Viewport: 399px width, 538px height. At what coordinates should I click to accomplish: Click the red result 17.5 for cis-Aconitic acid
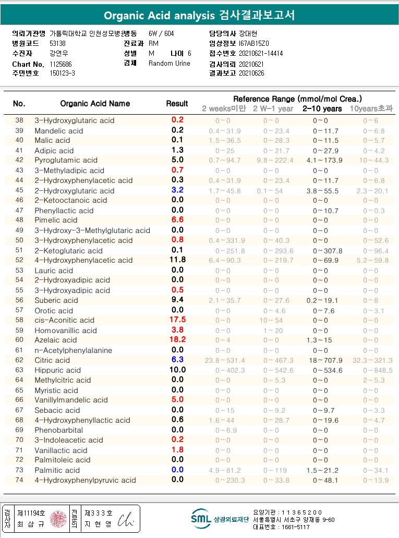coord(177,320)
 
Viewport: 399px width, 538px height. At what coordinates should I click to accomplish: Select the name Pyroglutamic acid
coord(66,160)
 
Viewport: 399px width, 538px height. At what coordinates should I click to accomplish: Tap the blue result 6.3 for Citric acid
coord(177,360)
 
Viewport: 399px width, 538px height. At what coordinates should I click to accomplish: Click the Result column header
coord(177,103)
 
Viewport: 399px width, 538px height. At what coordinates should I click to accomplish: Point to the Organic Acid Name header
coord(95,103)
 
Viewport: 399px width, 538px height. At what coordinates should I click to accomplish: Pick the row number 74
coord(19,480)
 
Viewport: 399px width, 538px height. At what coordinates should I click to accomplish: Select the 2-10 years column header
coord(322,109)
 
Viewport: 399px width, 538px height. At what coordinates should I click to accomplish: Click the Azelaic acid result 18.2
coord(177,340)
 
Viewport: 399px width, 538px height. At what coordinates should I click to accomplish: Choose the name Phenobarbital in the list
coord(59,430)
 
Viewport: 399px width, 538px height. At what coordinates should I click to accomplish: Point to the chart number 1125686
coord(62,64)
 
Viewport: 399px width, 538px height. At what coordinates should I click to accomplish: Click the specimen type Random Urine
coord(170,64)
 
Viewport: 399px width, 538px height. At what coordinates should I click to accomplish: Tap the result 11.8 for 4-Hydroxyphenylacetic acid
coord(177,260)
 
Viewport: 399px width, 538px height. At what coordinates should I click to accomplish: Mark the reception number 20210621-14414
coord(261,53)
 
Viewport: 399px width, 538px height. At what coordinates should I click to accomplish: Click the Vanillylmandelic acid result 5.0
coord(177,400)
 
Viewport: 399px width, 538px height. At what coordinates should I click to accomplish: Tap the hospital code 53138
coord(58,43)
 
